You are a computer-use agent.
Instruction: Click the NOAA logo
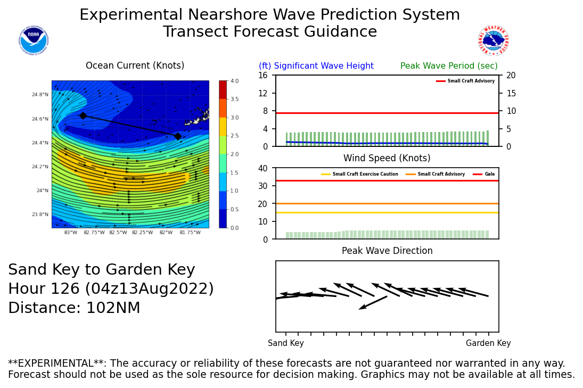[33, 40]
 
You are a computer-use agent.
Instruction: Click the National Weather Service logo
[494, 40]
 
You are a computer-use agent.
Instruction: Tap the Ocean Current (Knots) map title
[135, 66]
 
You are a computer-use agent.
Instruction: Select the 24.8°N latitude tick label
[40, 95]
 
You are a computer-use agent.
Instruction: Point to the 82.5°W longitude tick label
[118, 233]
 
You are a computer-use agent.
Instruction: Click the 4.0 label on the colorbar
[234, 81]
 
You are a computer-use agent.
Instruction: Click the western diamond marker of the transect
[83, 115]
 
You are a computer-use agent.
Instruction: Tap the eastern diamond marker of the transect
[178, 136]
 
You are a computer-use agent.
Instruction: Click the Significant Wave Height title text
[316, 66]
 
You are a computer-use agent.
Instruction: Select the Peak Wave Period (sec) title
[449, 66]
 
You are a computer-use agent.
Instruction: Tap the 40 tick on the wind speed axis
[262, 168]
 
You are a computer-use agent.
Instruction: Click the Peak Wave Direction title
[387, 251]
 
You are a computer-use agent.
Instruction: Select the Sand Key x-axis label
[286, 343]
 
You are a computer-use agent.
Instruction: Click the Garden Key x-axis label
[488, 343]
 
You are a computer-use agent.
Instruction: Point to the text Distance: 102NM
[74, 308]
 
